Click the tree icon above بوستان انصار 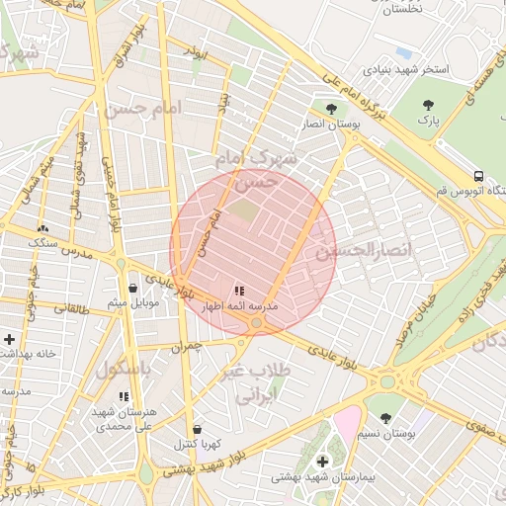(x=331, y=108)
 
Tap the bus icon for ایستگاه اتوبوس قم (x=478, y=175)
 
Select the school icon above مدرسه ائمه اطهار (x=239, y=291)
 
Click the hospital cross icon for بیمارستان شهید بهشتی (x=322, y=462)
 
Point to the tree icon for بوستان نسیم (x=385, y=418)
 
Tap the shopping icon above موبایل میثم (x=132, y=289)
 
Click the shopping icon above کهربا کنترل (x=198, y=430)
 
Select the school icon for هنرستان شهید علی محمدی (x=124, y=396)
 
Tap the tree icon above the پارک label (x=427, y=104)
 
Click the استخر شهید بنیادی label (x=405, y=70)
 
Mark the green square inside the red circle (x=244, y=211)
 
